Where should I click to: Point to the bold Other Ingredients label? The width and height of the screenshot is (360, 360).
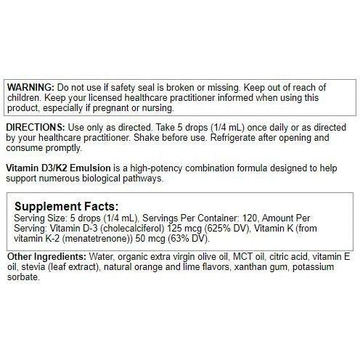(46, 258)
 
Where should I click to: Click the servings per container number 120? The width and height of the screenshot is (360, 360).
(245, 217)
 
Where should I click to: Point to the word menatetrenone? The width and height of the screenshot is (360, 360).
(98, 237)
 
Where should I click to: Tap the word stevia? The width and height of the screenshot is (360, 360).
(36, 268)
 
